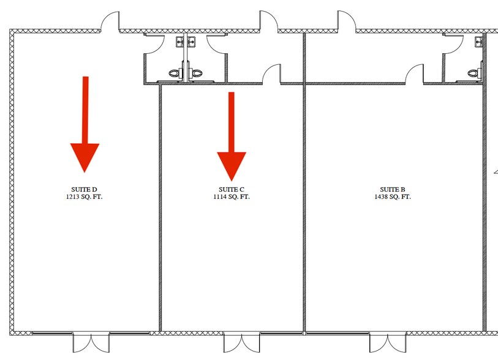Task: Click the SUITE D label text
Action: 84,190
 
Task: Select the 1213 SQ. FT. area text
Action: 84,197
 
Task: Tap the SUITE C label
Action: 231,190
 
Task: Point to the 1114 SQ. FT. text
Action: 231,197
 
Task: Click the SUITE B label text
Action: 393,190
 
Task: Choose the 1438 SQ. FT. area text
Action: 393,197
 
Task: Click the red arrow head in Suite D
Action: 85,158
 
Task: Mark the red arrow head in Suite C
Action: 232,167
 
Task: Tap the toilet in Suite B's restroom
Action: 475,73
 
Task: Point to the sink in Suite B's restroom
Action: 478,42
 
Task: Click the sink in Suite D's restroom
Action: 179,42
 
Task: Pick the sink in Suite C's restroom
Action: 191,42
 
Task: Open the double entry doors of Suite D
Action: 91,342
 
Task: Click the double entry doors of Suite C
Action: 241,342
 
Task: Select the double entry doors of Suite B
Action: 388,342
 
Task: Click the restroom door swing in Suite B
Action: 453,43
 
